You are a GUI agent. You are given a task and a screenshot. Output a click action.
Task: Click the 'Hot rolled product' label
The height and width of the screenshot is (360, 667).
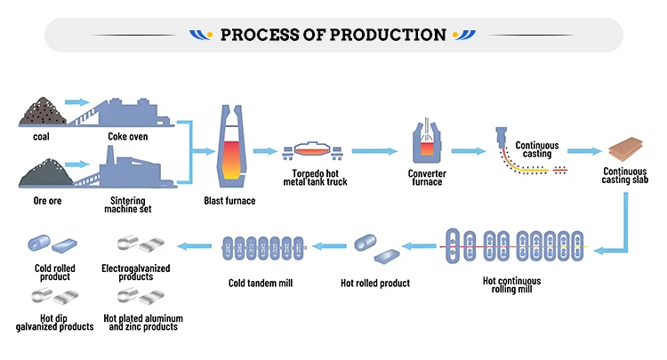pyautogui.click(x=375, y=284)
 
